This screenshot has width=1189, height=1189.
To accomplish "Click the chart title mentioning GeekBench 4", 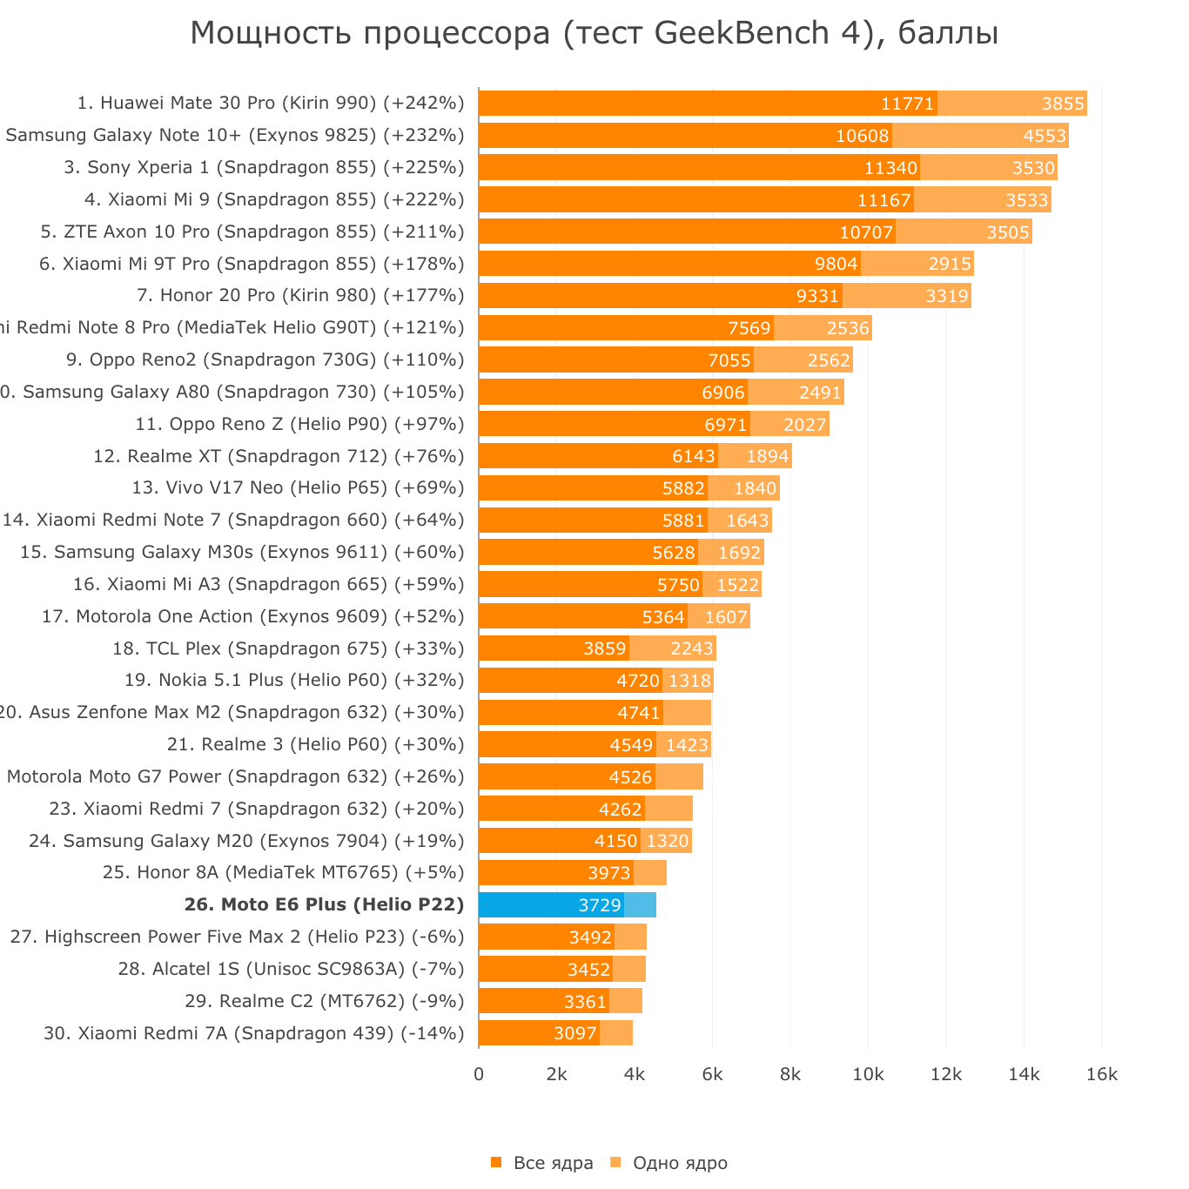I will click(x=594, y=34).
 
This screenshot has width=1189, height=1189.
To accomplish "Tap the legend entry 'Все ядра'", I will click(x=553, y=1163).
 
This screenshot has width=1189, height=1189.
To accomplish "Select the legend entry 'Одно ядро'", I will click(x=680, y=1163).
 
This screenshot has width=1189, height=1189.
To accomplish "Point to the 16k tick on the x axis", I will click(x=1102, y=1075).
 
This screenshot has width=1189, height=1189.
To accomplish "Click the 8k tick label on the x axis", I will click(x=790, y=1075).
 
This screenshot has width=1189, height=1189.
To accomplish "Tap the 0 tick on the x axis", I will click(x=479, y=1075).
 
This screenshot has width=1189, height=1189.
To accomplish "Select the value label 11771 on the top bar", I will click(x=907, y=104).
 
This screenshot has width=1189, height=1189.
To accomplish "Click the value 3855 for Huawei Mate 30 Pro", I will click(x=1063, y=104).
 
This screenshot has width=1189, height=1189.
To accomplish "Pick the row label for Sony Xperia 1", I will click(x=264, y=167).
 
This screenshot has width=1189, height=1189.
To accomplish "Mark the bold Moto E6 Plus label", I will click(x=324, y=905).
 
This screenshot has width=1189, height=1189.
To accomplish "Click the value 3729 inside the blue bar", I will click(x=600, y=905).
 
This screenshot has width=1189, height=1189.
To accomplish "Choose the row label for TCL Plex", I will click(x=288, y=648).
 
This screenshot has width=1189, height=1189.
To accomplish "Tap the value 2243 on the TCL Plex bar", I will click(x=692, y=649).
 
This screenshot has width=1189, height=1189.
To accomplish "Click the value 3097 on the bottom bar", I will click(x=575, y=1034).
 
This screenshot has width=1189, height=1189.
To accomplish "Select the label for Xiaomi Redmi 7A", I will click(x=253, y=1033).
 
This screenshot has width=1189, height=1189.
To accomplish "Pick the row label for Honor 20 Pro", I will click(x=300, y=295).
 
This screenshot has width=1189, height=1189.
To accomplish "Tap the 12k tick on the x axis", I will click(x=946, y=1075).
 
